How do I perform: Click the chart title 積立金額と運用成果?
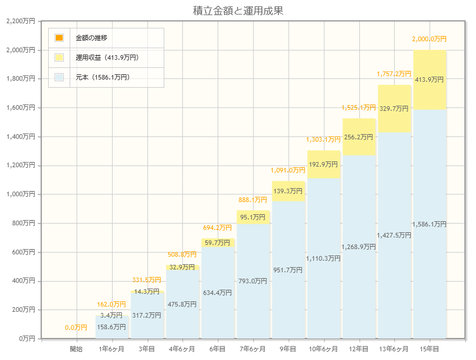pos(238,10)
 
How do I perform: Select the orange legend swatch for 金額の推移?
pos(59,38)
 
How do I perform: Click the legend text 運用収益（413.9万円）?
pos(107,57)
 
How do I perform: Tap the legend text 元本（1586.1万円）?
pos(102,77)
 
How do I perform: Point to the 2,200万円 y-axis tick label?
pos(20,21)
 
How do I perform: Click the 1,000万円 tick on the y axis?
pos(20,195)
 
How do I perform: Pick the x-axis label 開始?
pos(76,349)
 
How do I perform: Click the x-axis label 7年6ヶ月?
pos(253,349)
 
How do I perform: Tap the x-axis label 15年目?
pos(430,349)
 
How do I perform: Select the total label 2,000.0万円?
pos(430,39)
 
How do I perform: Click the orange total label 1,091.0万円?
pos(288,170)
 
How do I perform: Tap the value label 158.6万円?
pos(112,327)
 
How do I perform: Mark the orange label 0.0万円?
pos(76,328)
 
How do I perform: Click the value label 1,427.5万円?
pos(394,235)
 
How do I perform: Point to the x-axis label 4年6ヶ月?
pos(182,349)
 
